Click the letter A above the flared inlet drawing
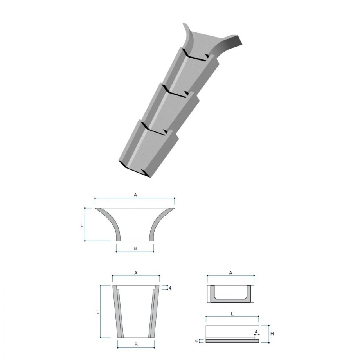[x=135, y=195]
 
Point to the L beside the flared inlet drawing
[x=82, y=225]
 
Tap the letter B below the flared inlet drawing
[x=135, y=248]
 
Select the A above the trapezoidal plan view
[x=136, y=273]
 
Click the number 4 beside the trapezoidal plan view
[x=170, y=288]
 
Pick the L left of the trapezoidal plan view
[x=97, y=312]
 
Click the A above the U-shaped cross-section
[x=230, y=273]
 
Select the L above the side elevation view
[x=232, y=314]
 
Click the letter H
[x=272, y=334]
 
